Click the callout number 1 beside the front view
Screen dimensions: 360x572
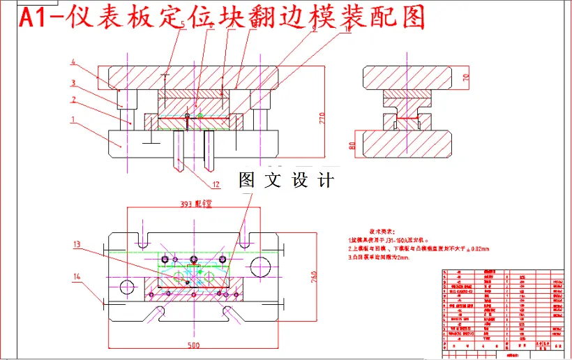73,119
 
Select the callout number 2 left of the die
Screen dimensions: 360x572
73,100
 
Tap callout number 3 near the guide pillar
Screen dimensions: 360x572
73,82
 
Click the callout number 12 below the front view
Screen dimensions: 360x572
216,185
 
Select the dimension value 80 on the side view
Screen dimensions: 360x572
352,146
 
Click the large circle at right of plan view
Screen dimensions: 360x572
259,265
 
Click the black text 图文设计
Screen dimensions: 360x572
286,180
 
